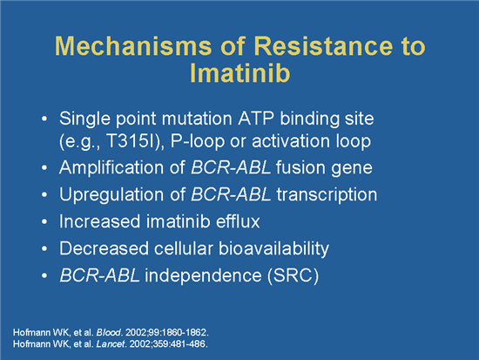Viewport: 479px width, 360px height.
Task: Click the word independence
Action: coord(196,276)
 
